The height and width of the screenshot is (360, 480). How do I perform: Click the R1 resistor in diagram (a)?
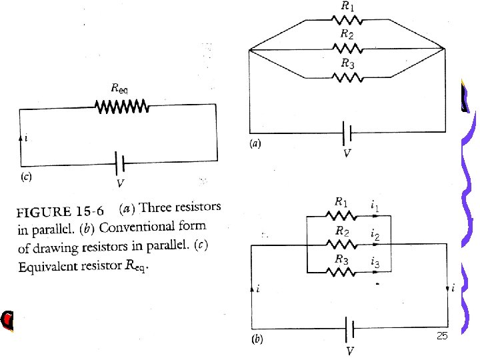[348, 18]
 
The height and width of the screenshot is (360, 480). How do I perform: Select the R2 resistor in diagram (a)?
[348, 48]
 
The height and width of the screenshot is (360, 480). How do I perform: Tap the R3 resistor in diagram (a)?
[348, 78]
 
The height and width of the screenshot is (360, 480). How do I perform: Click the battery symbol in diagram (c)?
[120, 161]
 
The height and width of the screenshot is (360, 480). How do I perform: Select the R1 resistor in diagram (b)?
[341, 214]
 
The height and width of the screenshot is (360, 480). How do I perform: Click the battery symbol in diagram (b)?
[347, 329]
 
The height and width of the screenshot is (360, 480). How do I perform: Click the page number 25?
[441, 335]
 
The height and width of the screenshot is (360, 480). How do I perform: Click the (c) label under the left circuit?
[26, 177]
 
